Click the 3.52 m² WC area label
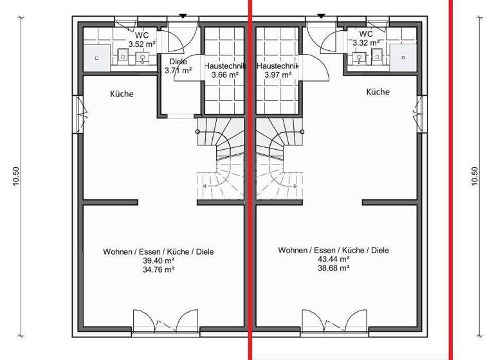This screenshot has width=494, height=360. (142, 44)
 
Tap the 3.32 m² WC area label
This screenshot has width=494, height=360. (365, 42)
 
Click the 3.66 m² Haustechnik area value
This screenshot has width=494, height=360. (224, 75)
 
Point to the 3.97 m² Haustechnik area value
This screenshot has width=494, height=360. (278, 75)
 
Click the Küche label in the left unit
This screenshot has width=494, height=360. (122, 94)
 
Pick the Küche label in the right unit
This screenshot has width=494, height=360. (378, 92)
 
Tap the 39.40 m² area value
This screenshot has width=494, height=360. (158, 260)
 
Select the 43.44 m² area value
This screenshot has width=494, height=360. (333, 258)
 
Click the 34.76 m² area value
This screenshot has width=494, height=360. (158, 269)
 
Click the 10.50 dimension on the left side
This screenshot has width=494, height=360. (17, 176)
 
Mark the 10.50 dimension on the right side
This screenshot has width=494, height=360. (475, 176)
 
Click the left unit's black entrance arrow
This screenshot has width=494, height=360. (183, 15)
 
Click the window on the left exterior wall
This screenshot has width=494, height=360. (80, 115)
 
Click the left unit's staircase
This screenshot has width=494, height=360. (219, 161)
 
